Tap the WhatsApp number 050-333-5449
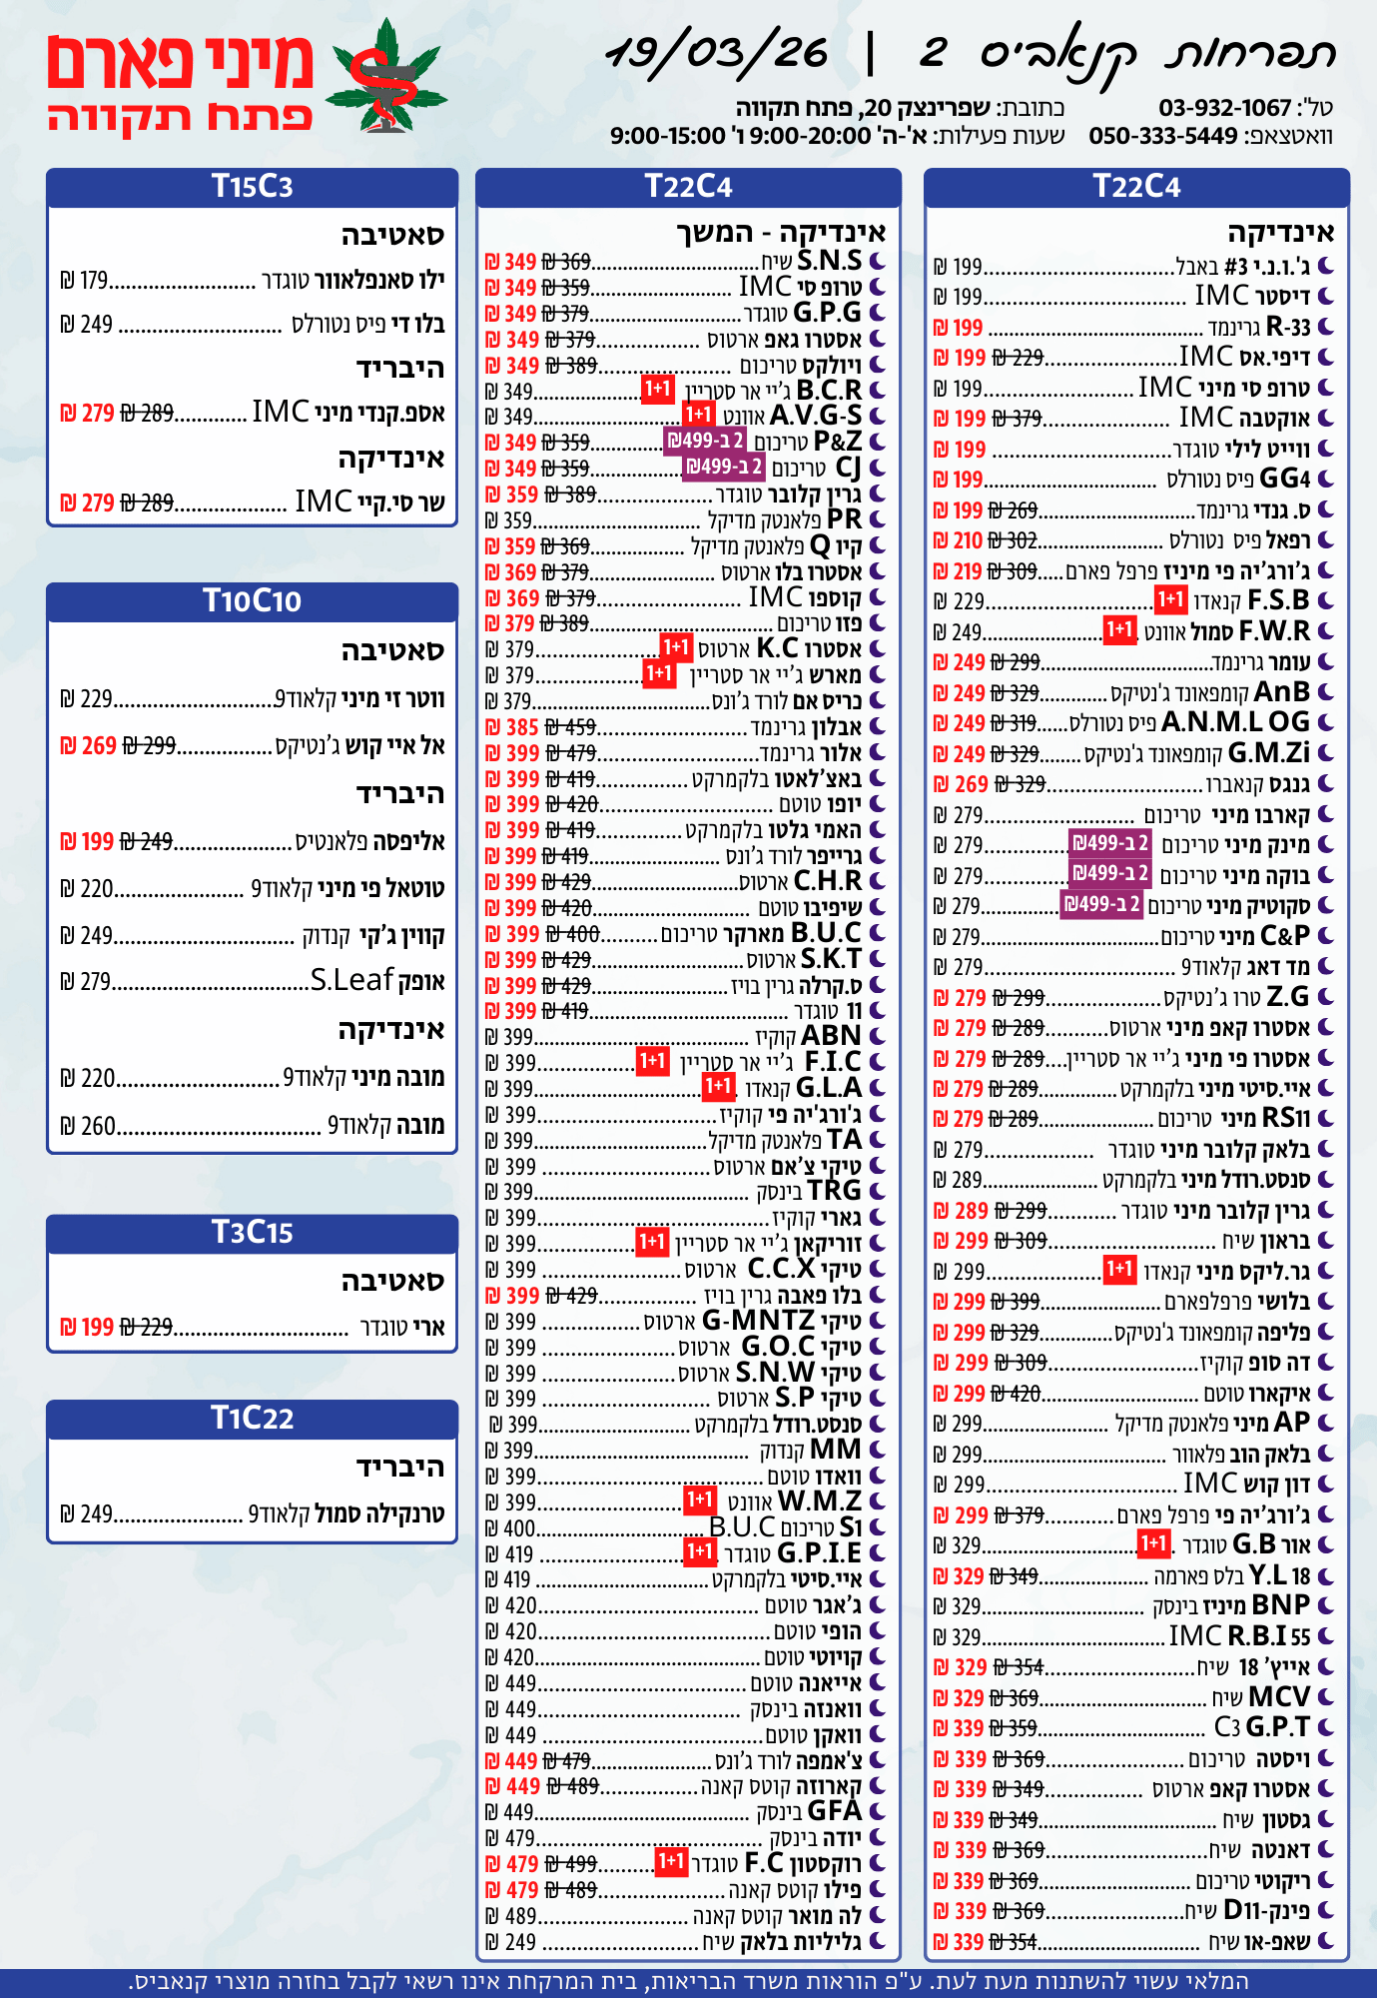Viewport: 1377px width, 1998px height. pos(1162,136)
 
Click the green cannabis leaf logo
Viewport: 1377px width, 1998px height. pos(386,78)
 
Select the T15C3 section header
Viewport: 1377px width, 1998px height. pos(252,187)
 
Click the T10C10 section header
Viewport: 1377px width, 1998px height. pos(252,600)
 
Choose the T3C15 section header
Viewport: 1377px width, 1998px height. pos(252,1232)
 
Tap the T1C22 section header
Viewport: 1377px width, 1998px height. pos(252,1418)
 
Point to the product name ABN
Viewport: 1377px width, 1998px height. pos(831,1036)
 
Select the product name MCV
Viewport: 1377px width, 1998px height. pos(1278,1696)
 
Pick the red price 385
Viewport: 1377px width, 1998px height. pos(521,727)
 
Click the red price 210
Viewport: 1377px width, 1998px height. pos(967,540)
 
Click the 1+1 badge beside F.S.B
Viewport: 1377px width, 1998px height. pos(1169,599)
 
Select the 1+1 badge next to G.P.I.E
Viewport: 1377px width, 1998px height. pos(699,1551)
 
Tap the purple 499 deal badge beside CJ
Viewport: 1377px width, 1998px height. pos(724,467)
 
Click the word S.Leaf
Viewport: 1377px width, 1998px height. pos(351,980)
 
